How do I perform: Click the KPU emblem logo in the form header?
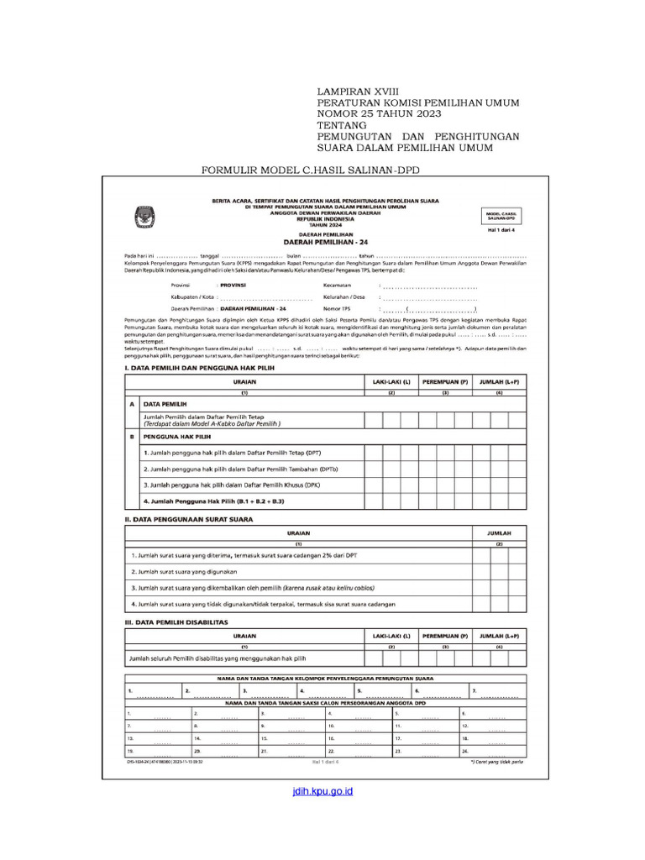[139, 218]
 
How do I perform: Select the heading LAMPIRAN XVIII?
[359, 90]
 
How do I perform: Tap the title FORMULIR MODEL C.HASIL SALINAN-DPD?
[311, 171]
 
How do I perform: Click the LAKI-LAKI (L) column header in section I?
[391, 382]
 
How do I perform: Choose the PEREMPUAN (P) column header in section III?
[445, 637]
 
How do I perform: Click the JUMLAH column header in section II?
[499, 532]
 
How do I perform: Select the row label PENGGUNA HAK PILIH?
[177, 438]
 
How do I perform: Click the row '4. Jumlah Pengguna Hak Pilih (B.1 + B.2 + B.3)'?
[214, 501]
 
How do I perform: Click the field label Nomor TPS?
[338, 309]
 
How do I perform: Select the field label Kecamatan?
[337, 286]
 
